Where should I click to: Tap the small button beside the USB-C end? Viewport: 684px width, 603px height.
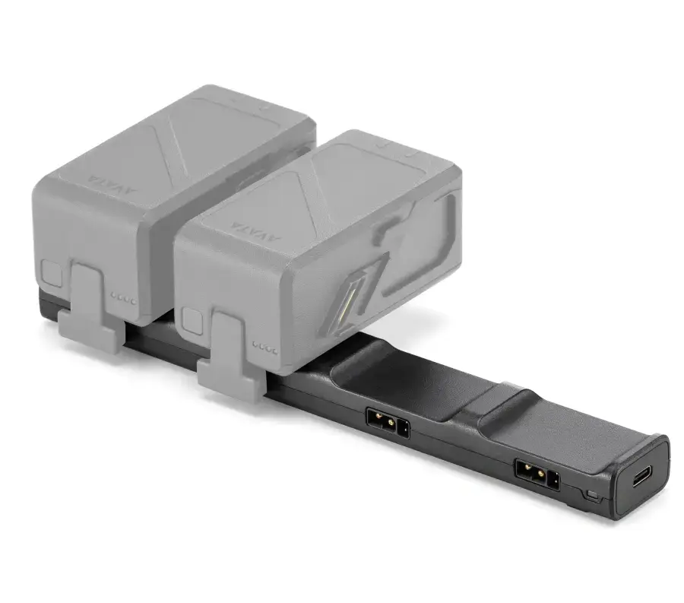(593, 495)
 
